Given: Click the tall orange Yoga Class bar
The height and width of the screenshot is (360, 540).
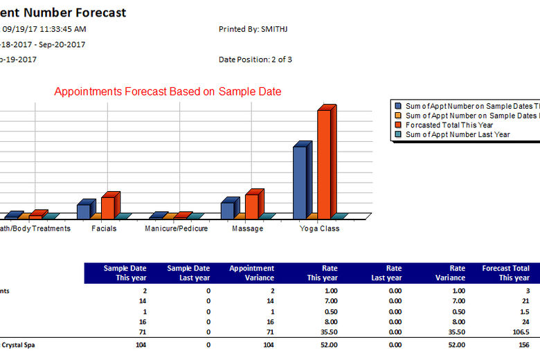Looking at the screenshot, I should click(x=323, y=163).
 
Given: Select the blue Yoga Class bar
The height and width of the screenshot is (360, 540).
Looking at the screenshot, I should click(x=299, y=181).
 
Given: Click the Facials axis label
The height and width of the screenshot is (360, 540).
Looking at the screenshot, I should click(x=104, y=228).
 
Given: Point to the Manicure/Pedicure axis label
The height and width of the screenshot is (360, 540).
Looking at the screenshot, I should click(x=176, y=228).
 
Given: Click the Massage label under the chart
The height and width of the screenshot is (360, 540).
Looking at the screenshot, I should click(x=247, y=228).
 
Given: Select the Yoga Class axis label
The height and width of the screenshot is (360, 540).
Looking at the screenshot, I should click(x=319, y=228).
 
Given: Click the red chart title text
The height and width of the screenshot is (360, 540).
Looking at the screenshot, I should click(x=168, y=91).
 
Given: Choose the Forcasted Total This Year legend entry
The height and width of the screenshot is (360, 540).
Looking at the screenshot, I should click(x=449, y=125).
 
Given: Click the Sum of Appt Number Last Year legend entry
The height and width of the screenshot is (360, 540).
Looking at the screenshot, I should click(x=457, y=134).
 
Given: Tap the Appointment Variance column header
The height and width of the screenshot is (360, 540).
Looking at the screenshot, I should click(x=251, y=273).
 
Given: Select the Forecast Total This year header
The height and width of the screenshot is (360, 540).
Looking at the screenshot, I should click(x=505, y=273).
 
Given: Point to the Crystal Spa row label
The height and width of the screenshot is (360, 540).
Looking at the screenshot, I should click(x=17, y=344).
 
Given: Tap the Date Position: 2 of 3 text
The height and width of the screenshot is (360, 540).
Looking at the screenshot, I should click(x=255, y=60).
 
